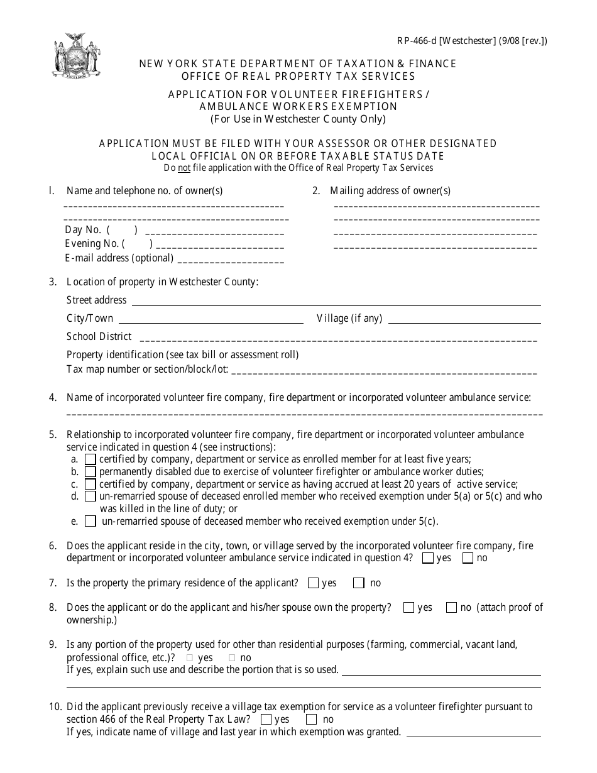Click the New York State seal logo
click(75, 56)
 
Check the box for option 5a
click(90, 459)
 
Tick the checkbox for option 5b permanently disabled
click(90, 471)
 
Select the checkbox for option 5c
click(90, 484)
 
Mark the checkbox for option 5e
click(90, 521)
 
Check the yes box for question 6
click(428, 557)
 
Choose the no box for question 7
click(359, 583)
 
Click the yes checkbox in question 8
click(409, 607)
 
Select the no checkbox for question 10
click(311, 719)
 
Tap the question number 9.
click(53, 644)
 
